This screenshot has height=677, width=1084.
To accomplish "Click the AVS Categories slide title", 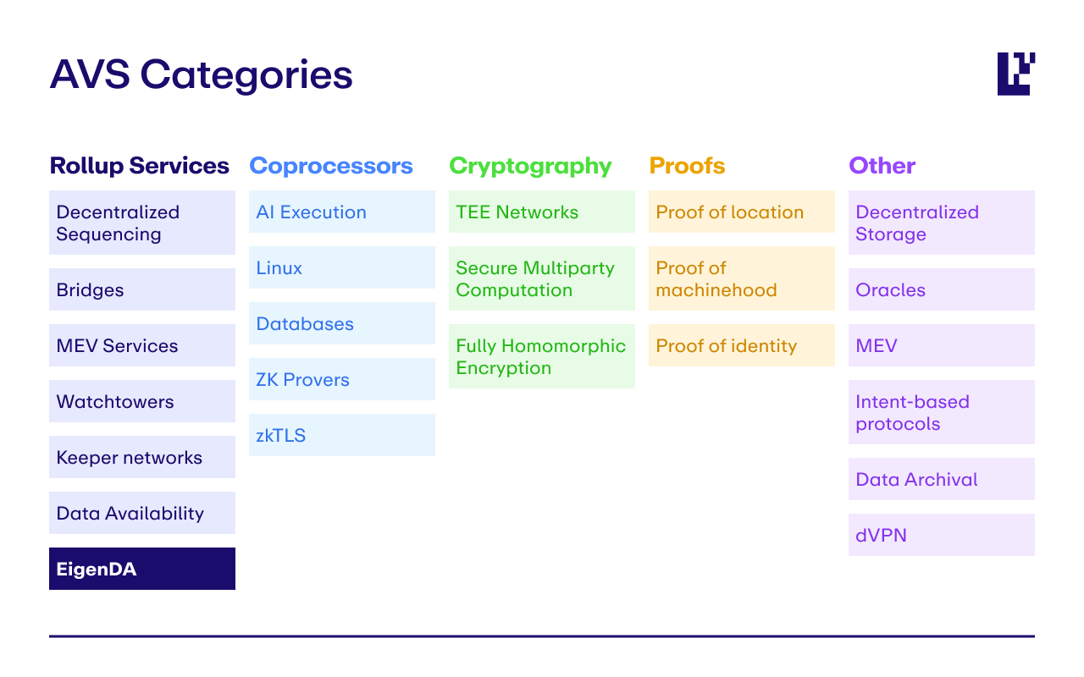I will click(x=201, y=74).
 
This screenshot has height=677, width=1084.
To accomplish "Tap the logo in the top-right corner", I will click(x=1015, y=74).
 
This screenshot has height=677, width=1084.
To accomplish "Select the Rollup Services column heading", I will click(x=139, y=166).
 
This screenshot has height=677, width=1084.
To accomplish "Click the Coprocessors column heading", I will click(x=331, y=166).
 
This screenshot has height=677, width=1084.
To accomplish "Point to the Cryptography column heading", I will click(x=530, y=166).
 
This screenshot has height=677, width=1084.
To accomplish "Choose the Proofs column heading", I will click(x=687, y=166).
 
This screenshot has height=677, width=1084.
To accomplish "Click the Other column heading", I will click(x=882, y=166).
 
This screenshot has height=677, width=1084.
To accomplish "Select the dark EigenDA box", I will click(x=142, y=569).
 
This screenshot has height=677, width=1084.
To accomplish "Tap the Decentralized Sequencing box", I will click(x=142, y=223).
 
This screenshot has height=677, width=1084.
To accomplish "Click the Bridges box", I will click(x=142, y=289).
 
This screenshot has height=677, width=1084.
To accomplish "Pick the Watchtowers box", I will click(x=142, y=401).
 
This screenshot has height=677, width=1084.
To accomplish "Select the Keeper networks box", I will click(x=142, y=457).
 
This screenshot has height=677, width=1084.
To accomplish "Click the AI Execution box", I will click(x=341, y=212).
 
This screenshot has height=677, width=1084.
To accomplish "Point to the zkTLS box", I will click(x=341, y=435).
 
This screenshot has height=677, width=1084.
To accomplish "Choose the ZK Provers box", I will click(x=341, y=379).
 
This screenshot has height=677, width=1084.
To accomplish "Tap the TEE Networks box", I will click(x=541, y=212).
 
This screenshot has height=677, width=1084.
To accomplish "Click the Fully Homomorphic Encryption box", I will click(x=541, y=356).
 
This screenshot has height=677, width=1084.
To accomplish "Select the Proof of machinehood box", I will click(x=741, y=278).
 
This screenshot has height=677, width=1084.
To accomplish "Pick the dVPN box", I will click(x=941, y=535).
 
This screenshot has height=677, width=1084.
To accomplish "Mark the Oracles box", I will click(x=941, y=289).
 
